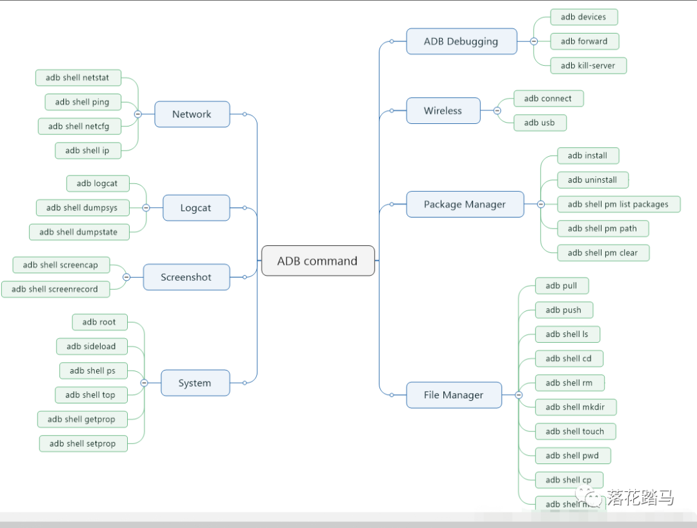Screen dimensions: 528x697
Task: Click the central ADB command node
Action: (x=318, y=261)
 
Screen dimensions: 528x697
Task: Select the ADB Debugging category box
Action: (x=461, y=41)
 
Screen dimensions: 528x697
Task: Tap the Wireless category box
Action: (x=443, y=110)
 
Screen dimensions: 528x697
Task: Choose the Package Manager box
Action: (x=465, y=204)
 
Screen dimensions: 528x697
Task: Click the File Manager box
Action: (x=453, y=395)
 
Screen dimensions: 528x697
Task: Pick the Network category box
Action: (x=192, y=114)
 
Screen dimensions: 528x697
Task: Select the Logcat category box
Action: (x=196, y=208)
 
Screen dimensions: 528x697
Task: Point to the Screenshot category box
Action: (x=186, y=277)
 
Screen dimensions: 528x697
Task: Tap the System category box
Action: (x=194, y=383)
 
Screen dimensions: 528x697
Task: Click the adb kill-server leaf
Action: (x=588, y=65)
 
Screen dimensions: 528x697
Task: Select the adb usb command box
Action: (x=540, y=123)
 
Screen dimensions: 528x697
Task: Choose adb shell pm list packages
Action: (x=618, y=204)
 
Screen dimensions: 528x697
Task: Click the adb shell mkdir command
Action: (x=575, y=407)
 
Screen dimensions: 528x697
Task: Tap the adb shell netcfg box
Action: (x=79, y=126)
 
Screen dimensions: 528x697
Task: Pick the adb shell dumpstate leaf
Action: (x=78, y=232)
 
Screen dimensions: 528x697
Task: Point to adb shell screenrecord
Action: (x=55, y=289)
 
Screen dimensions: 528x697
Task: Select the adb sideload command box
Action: (x=91, y=346)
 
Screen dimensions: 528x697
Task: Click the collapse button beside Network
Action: (x=138, y=114)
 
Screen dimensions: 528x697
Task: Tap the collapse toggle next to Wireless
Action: (x=497, y=110)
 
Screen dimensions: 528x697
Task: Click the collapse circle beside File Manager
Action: (x=518, y=395)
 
